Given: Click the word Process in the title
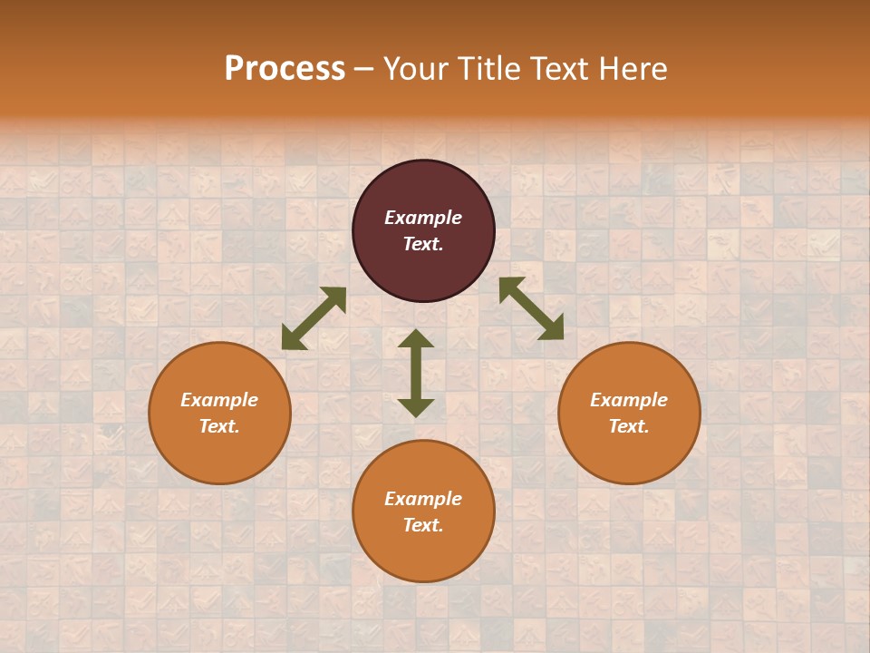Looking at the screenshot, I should click(285, 69).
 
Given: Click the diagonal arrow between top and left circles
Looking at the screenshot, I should click(314, 318).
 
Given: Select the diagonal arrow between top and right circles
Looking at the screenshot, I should click(531, 309).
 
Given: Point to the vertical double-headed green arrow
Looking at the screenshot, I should click(416, 373).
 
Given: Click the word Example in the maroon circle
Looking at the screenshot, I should click(423, 218).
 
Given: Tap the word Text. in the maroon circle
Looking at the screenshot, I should click(423, 244).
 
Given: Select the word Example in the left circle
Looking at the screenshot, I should click(219, 400).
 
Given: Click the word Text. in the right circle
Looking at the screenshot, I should click(629, 426).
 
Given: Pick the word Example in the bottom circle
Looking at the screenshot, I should click(423, 499).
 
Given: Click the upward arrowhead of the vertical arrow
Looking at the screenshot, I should click(416, 338).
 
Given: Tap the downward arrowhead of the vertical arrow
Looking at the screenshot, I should click(416, 407).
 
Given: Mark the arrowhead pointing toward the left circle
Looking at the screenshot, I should click(293, 338).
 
